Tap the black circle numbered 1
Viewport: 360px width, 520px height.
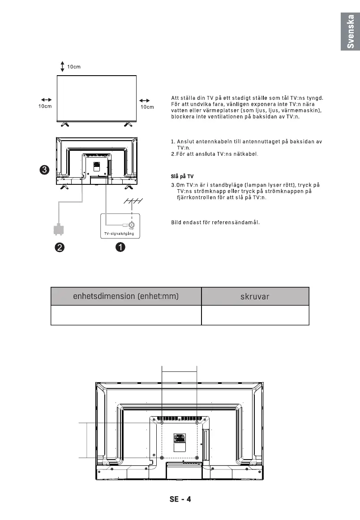coord(120,247)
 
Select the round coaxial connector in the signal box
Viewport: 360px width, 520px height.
coord(133,225)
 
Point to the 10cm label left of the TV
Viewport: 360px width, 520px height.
coord(44,107)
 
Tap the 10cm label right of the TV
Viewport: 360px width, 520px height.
coord(147,107)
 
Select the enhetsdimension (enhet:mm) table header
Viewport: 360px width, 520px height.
coord(126,296)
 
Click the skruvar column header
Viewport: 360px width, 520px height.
coord(255,296)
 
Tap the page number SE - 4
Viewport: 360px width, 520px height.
coord(180,499)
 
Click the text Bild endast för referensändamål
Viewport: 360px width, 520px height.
coord(216,222)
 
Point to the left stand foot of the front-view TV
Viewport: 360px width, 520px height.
coord(65,122)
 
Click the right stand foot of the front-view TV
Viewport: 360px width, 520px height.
coord(128,122)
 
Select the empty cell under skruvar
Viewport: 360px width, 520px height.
coord(255,315)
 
